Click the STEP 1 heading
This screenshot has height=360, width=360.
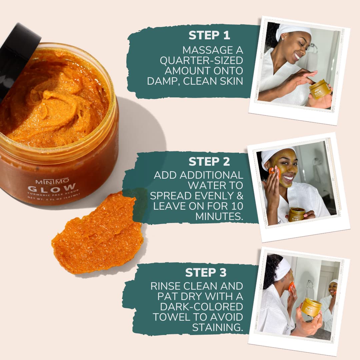coord(209,35)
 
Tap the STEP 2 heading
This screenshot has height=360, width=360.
coord(209,161)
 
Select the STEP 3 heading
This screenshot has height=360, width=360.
coord(206,272)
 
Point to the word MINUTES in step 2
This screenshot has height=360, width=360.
coord(219,216)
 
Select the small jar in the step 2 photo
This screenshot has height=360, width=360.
coord(296,214)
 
